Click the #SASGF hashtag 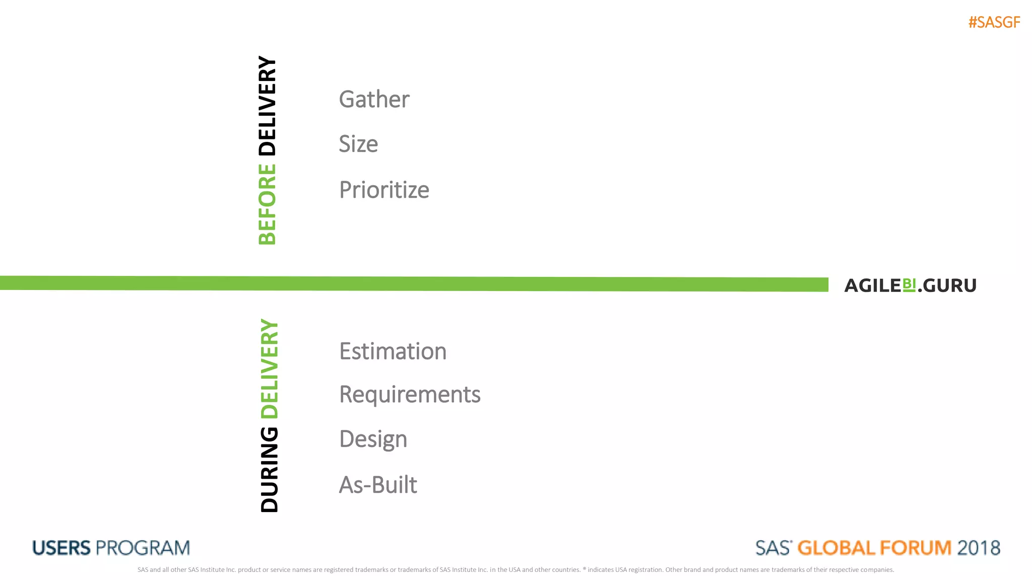tap(994, 23)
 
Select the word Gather tap(374, 99)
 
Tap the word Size tap(358, 144)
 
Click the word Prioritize tap(384, 190)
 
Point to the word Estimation tap(393, 351)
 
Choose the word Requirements tap(410, 394)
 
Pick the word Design tap(373, 439)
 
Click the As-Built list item tap(378, 485)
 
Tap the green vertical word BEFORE tap(267, 204)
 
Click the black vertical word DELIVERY tap(267, 106)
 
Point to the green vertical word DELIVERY tap(269, 369)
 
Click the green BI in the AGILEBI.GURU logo tap(909, 284)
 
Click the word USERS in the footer tap(61, 548)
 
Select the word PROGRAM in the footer tap(143, 548)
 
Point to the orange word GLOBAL tap(836, 548)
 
